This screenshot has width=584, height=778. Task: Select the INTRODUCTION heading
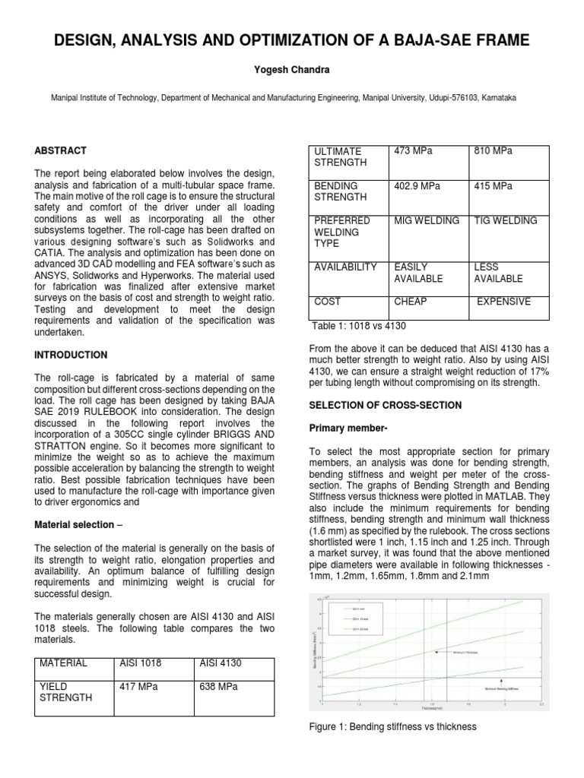(71, 355)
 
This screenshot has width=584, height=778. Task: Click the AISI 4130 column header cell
(220, 663)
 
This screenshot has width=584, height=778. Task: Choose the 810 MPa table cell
(493, 151)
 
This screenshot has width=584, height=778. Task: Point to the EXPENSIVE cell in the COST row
(503, 302)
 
